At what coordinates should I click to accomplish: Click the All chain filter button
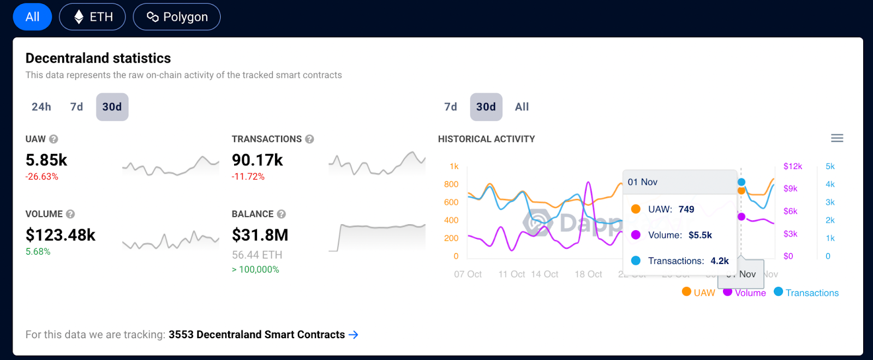point(32,17)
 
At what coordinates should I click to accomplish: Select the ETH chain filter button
point(92,17)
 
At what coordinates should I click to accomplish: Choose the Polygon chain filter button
point(177,17)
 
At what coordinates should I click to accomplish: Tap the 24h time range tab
point(41,107)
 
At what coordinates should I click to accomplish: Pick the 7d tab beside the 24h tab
point(77,107)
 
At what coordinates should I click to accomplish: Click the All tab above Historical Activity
point(522,107)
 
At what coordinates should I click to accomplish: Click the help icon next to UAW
point(53,139)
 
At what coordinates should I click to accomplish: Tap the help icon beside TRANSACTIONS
point(309,139)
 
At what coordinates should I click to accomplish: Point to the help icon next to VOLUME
point(70,214)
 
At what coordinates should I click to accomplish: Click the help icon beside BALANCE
point(281,214)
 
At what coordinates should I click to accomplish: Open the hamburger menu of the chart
point(837,139)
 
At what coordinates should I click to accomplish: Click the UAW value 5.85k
point(46,160)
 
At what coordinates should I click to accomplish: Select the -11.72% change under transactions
point(248,177)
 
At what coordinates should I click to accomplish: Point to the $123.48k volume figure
point(61,235)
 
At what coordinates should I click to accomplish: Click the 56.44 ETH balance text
point(257,255)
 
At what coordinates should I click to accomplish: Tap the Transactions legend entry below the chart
point(806,293)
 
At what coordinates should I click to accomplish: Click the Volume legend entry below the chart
point(745,293)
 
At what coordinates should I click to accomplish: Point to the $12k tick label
point(793,166)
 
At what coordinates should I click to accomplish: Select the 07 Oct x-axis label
point(468,274)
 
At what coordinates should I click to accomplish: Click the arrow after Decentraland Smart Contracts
point(354,335)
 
